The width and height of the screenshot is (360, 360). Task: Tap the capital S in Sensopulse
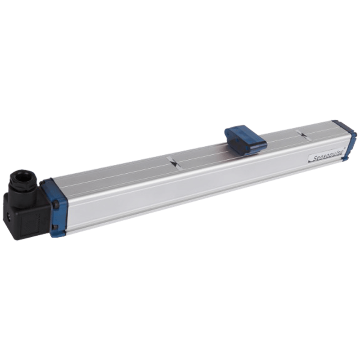tap(314, 160)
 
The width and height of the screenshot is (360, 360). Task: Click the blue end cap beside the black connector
tap(54, 206)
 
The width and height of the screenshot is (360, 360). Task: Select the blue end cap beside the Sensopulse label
tap(346, 139)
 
